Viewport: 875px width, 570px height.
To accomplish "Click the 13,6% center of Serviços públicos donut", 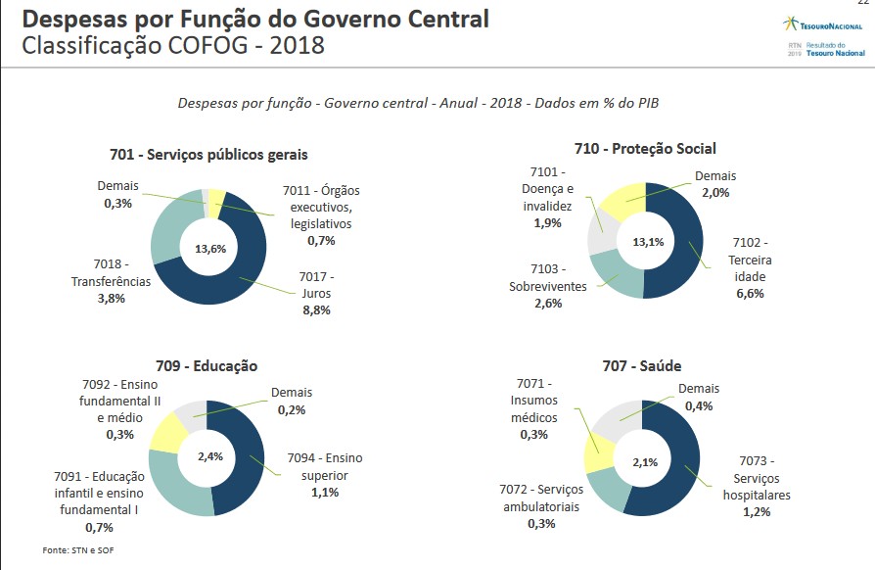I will pos(210,249).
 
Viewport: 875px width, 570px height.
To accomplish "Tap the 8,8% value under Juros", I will pos(316,310).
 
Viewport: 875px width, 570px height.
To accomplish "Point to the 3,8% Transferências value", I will pos(111,299).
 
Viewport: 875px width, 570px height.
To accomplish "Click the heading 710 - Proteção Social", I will pos(645,149).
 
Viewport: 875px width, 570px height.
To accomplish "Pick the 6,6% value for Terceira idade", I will pos(750,294).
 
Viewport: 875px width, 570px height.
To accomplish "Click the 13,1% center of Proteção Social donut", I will pos(645,242).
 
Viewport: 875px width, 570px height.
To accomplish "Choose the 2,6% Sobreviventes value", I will pos(547,304).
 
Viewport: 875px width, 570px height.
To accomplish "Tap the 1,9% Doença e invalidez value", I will pos(547,223).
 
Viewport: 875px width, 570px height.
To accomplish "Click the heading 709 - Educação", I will pos(207,365).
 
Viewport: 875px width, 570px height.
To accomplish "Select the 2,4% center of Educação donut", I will pos(210,456).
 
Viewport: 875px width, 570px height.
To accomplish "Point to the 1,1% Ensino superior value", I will pos(325,493).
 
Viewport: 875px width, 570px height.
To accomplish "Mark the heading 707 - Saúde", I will pos(641,365).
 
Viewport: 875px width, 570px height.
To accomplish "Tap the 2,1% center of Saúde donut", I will pos(644,461).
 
